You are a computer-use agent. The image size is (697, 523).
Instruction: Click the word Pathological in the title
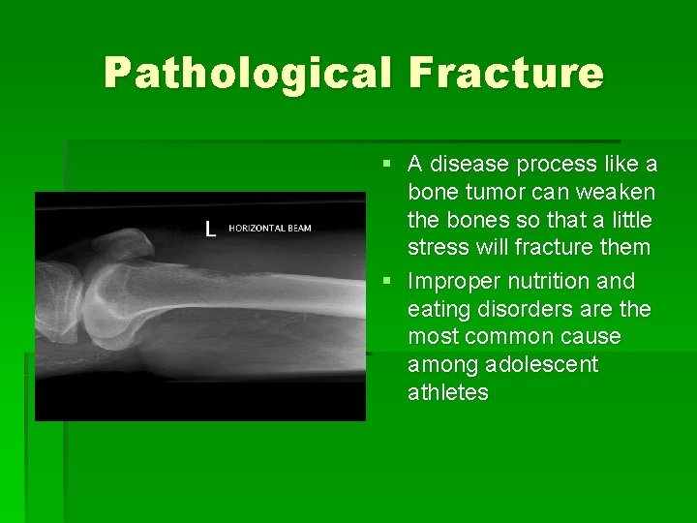tap(248, 74)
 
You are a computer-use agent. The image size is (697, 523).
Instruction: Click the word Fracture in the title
tap(505, 74)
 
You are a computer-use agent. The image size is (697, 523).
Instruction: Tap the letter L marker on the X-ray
tap(210, 229)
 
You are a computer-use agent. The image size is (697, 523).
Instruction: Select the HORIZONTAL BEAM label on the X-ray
tap(270, 229)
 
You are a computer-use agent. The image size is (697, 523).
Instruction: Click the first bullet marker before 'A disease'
tap(388, 164)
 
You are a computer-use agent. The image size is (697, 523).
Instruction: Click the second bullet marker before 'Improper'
tap(388, 282)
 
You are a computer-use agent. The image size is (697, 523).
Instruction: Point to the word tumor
tap(487, 192)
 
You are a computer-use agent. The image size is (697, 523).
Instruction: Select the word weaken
tap(621, 192)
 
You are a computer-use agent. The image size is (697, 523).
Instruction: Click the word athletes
tap(448, 393)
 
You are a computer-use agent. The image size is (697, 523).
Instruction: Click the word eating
tap(439, 310)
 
